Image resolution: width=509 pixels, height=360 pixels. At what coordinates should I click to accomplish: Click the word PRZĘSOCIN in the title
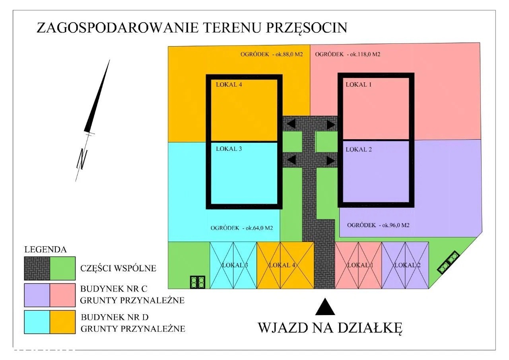(x=306, y=28)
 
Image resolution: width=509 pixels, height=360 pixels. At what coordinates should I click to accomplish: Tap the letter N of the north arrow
(x=82, y=159)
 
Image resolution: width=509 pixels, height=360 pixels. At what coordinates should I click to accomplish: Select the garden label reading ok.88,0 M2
(x=289, y=54)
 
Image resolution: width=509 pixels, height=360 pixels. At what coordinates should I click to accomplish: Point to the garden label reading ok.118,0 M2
(x=365, y=54)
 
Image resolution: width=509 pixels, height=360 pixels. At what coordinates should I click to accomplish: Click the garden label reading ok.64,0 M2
(x=259, y=228)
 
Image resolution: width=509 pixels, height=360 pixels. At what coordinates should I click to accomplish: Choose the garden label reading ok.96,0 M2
(x=396, y=225)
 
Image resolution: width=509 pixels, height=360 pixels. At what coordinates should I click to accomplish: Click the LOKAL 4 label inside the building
(x=229, y=85)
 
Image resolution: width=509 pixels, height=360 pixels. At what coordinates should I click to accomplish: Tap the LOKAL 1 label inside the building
(x=359, y=85)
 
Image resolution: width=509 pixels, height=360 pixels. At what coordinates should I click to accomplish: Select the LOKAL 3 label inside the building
(x=229, y=149)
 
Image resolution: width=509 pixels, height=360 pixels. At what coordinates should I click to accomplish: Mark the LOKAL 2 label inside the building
(x=359, y=150)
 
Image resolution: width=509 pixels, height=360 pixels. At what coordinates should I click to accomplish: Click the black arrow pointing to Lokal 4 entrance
(x=291, y=125)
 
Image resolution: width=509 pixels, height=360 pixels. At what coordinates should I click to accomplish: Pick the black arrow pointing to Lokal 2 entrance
(x=331, y=161)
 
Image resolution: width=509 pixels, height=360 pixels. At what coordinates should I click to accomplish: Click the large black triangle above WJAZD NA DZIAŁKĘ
(x=325, y=306)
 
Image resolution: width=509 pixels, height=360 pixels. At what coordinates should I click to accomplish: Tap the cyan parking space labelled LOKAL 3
(x=233, y=265)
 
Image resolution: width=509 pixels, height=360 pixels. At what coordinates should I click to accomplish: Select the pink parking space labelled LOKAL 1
(x=358, y=265)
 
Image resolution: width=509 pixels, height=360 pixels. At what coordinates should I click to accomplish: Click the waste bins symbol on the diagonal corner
(x=448, y=263)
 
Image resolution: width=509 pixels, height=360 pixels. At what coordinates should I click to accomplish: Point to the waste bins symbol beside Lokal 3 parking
(x=198, y=282)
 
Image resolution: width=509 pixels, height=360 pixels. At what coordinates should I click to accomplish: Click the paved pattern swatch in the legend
(x=37, y=269)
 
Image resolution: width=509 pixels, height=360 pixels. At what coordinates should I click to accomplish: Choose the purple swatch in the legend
(x=37, y=295)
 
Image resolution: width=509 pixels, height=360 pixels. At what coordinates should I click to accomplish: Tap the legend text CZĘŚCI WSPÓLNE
(x=118, y=268)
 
